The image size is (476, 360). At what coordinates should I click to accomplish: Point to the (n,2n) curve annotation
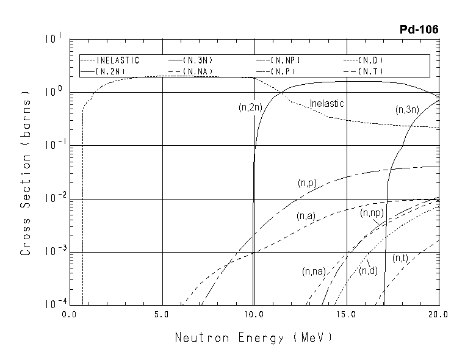(x=250, y=107)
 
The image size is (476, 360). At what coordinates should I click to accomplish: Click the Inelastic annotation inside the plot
(x=327, y=104)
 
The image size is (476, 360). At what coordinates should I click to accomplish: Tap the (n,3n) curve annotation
(x=407, y=110)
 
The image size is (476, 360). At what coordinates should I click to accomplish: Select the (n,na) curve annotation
(x=314, y=270)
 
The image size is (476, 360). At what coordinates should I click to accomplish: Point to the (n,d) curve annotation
(x=369, y=270)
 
